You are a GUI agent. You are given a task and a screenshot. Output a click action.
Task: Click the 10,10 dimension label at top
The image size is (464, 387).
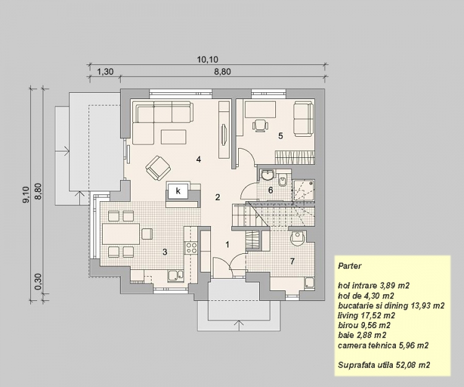[x=207, y=59]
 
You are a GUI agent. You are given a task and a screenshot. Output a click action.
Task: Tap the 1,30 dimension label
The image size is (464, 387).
[x=105, y=72]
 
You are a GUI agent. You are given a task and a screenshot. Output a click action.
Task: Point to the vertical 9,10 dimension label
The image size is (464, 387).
[x=26, y=194]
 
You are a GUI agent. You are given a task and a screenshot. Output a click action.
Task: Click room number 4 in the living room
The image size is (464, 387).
[x=199, y=159]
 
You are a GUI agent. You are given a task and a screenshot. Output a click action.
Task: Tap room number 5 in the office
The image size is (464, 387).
[x=280, y=136]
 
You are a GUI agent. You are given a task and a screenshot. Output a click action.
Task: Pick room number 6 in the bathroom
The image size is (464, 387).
[x=270, y=190]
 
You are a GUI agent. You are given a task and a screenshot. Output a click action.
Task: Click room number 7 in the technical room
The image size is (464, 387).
[x=293, y=261]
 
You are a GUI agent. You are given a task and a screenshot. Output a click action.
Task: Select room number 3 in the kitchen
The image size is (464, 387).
[x=165, y=252]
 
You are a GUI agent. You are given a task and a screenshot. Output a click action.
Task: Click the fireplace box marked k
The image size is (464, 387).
[x=178, y=191]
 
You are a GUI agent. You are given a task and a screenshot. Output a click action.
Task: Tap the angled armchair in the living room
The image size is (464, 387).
[x=158, y=168]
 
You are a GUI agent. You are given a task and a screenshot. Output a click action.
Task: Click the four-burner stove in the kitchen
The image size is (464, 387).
[x=191, y=248]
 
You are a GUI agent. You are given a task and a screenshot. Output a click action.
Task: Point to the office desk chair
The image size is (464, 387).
[x=260, y=125]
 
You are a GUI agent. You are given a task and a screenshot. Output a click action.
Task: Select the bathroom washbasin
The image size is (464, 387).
[x=268, y=175]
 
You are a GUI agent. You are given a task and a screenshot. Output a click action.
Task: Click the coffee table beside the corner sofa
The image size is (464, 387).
[x=174, y=137]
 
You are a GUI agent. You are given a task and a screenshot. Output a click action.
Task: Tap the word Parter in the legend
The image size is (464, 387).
[x=350, y=266]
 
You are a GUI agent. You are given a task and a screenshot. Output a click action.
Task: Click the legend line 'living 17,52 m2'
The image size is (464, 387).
[x=366, y=315]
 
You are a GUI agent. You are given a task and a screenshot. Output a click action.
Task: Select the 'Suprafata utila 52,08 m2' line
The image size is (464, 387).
[x=384, y=365]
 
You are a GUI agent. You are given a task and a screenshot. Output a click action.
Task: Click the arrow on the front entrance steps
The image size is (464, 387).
[x=239, y=326]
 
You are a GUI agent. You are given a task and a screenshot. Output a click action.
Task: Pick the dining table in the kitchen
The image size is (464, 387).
[x=121, y=234]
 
